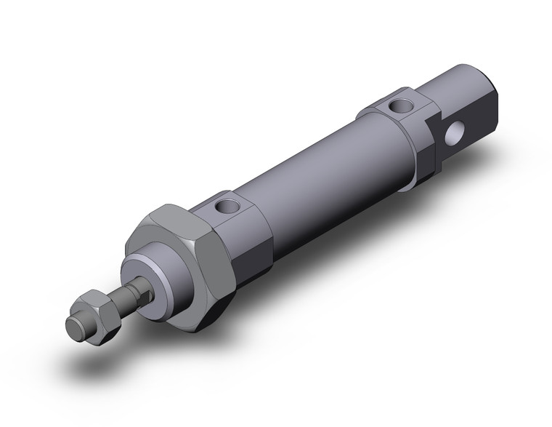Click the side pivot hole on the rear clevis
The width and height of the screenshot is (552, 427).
(458, 133)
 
